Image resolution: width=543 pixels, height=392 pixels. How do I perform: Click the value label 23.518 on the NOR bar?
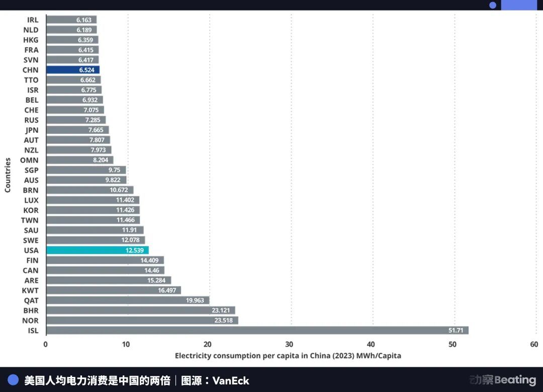(x=223, y=321)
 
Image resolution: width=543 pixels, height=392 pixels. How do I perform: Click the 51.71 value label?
(x=456, y=331)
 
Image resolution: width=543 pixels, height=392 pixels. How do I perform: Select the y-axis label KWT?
(x=30, y=290)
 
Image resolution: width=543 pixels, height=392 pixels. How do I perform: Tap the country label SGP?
(x=31, y=170)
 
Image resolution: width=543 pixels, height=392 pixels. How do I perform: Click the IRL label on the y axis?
(x=32, y=20)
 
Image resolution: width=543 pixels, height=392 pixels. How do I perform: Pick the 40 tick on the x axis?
(x=371, y=344)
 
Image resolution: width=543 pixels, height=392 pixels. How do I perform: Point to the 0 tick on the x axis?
(x=46, y=344)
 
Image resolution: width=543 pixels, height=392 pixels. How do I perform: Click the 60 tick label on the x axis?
(x=534, y=344)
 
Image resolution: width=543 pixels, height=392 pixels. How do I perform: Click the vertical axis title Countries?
(x=8, y=175)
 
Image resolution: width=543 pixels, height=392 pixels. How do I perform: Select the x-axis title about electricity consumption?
(x=288, y=356)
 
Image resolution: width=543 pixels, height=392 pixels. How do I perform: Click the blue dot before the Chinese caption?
(x=13, y=380)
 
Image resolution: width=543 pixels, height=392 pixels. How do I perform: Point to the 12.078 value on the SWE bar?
(x=133, y=240)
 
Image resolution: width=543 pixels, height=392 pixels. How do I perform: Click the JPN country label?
(x=31, y=130)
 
